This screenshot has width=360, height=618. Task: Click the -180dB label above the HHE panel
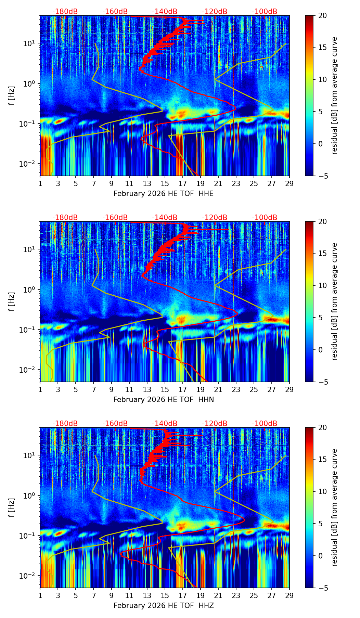(x=65, y=12)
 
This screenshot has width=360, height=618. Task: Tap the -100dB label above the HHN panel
(x=265, y=218)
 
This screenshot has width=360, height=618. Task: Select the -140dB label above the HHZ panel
(x=165, y=424)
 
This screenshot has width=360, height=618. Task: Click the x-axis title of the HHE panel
(x=164, y=194)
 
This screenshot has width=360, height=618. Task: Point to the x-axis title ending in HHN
(x=164, y=400)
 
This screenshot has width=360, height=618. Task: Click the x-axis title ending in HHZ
(x=164, y=606)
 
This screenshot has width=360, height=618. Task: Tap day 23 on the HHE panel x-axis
(x=236, y=183)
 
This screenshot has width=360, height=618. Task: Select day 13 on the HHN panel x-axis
(x=147, y=389)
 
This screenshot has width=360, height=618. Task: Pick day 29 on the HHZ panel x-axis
(x=290, y=595)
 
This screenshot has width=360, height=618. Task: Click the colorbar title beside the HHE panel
(x=335, y=95)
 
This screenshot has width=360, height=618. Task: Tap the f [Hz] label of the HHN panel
(x=12, y=301)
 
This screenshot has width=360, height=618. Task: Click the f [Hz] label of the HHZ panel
(x=12, y=507)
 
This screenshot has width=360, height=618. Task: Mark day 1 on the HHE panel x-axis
(x=40, y=183)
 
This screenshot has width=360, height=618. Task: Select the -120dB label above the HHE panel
(x=215, y=12)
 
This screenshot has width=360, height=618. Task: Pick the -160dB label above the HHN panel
(x=115, y=218)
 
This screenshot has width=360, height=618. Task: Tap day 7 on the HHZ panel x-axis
(x=94, y=595)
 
